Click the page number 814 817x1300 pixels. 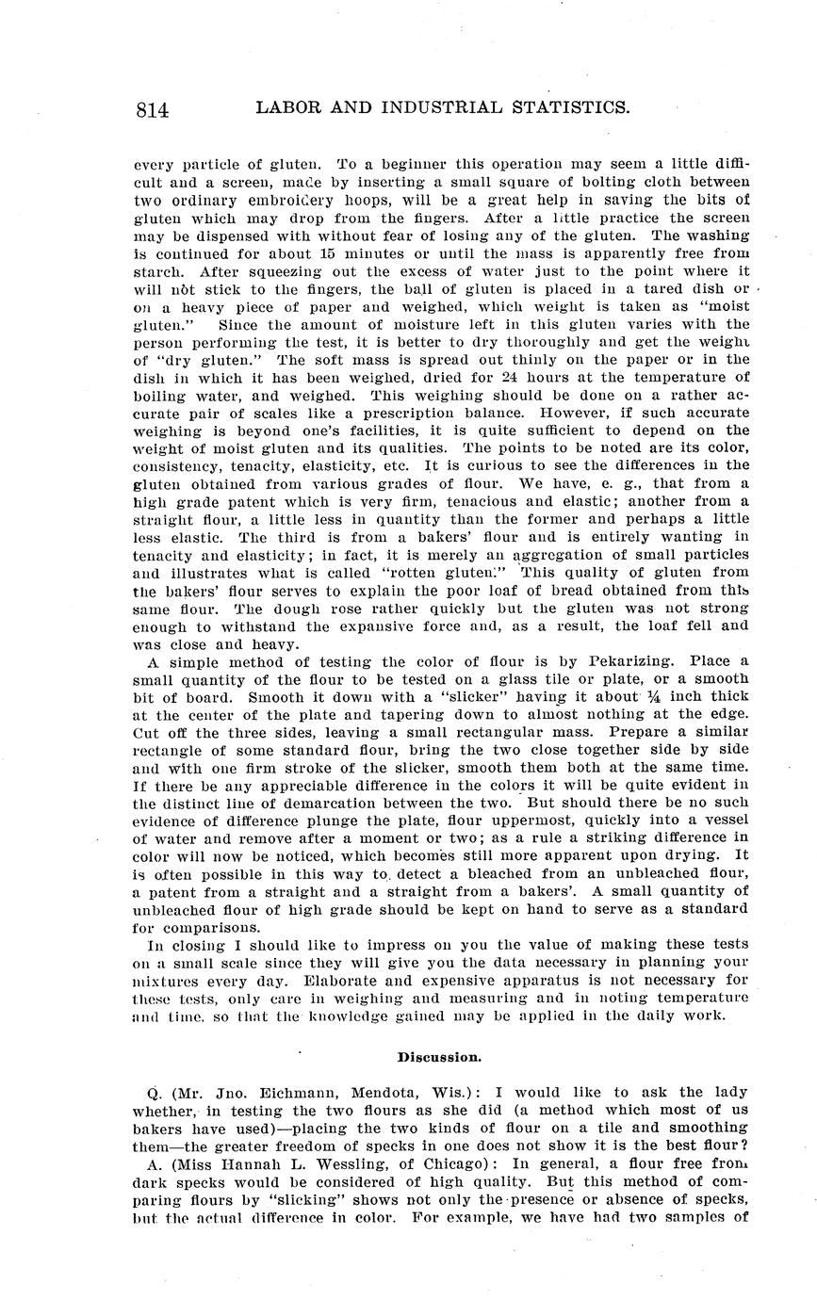pos(153,110)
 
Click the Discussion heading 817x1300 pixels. pos(439,1058)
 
